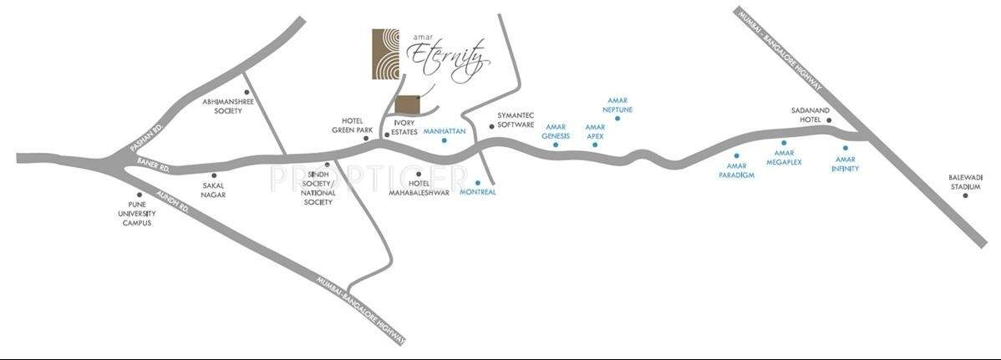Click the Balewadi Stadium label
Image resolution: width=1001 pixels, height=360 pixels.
point(964,182)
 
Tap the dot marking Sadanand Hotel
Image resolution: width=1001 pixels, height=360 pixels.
point(829,121)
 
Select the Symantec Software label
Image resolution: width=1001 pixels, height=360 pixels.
point(516,119)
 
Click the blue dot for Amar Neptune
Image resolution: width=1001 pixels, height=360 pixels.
point(617,119)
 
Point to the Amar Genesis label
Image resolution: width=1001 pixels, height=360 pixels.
point(556,131)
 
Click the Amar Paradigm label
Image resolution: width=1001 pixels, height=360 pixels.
point(735,170)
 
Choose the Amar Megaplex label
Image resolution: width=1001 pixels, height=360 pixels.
point(784,157)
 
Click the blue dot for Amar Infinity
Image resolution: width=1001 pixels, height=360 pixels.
point(846,148)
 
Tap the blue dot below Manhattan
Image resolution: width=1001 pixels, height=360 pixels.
point(445,140)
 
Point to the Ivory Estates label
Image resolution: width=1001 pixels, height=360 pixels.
point(399,127)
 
